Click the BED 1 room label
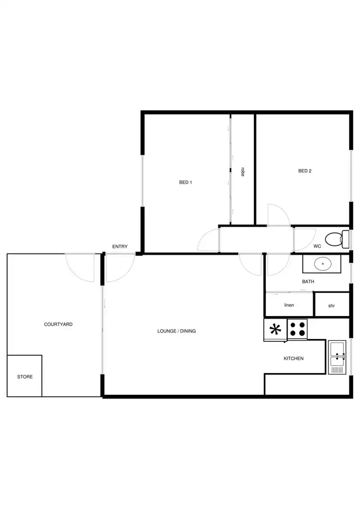coord(185,182)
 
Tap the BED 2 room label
coord(305,171)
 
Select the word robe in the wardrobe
coord(243,171)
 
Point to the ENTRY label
coord(120,247)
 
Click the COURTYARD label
coord(58,325)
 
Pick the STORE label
coord(25,377)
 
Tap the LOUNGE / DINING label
coord(177,331)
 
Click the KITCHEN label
coord(294,359)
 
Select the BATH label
coord(308,282)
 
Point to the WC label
coord(317,246)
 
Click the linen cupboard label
coord(289,305)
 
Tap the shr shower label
coord(331,305)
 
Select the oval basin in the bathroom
coord(322,264)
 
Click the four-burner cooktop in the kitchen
coord(297,329)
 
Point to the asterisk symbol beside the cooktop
coord(276,329)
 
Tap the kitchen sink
coord(337,357)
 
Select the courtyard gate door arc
coord(79,268)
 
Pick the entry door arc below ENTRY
coord(119,268)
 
